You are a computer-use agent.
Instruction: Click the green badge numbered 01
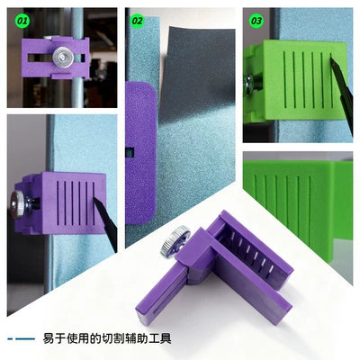point(22,21)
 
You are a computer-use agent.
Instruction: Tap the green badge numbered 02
point(137,21)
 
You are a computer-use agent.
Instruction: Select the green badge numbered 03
point(256,21)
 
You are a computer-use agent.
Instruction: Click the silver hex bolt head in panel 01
point(63,57)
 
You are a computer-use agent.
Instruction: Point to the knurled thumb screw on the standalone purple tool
point(175,243)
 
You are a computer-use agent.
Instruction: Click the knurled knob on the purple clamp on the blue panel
point(17,204)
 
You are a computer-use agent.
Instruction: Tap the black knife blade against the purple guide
point(105,221)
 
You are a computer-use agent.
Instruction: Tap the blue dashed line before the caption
point(21,339)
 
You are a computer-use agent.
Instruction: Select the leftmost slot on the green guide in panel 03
point(284,79)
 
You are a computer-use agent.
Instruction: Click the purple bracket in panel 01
point(56,58)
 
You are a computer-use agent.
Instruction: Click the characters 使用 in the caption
point(81,338)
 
